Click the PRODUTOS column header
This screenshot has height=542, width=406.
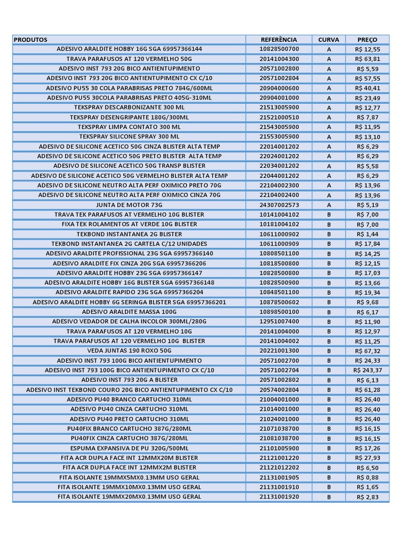click(x=31, y=40)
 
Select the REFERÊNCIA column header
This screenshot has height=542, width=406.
click(x=279, y=40)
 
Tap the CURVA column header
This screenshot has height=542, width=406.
click(x=329, y=40)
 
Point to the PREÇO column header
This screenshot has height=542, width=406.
click(x=367, y=40)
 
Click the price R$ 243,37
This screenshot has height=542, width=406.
click(x=367, y=371)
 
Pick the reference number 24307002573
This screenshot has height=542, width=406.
click(x=279, y=205)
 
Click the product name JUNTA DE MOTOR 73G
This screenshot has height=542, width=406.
click(x=129, y=205)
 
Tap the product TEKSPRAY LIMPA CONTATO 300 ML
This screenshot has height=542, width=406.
click(x=129, y=127)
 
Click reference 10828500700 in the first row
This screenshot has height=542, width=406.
click(x=279, y=49)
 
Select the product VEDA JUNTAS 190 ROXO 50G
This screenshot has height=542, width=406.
click(x=129, y=351)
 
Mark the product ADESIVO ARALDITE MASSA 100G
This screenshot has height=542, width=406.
click(x=129, y=312)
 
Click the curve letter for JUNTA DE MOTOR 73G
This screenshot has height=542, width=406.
click(x=329, y=205)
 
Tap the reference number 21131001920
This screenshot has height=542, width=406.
click(x=279, y=497)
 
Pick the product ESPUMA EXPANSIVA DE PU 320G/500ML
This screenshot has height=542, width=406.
click(x=129, y=448)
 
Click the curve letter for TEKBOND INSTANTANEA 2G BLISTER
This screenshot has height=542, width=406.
click(x=329, y=234)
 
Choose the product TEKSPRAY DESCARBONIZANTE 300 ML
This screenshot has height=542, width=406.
click(x=129, y=107)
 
